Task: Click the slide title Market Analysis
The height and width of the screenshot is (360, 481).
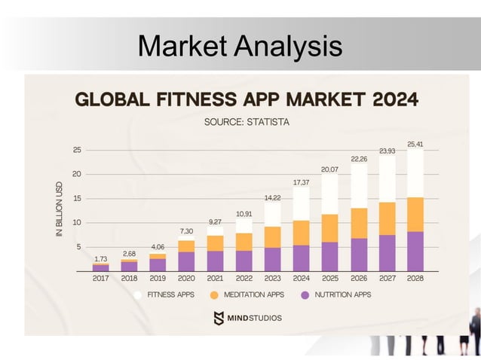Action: point(240,47)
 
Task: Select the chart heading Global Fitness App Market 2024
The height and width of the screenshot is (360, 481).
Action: point(246,99)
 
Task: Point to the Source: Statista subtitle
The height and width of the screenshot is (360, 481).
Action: point(247,121)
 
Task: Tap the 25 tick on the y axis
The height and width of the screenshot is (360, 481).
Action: point(76,150)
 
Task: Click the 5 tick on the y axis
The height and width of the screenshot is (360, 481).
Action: point(78,247)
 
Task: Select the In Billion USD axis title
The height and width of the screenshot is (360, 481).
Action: point(60,210)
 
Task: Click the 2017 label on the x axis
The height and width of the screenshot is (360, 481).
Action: point(101,278)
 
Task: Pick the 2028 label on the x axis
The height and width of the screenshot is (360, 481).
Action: point(415,278)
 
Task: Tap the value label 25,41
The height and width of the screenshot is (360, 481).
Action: point(415,143)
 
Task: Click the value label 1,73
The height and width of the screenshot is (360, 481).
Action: point(101,258)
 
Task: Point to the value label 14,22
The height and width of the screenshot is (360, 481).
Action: point(272,197)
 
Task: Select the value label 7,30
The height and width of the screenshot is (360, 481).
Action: point(186,230)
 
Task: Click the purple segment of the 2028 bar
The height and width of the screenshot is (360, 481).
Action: point(415,252)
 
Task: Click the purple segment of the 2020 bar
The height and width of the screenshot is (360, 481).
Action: point(186,261)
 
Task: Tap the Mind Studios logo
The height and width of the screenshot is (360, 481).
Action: point(247,317)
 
